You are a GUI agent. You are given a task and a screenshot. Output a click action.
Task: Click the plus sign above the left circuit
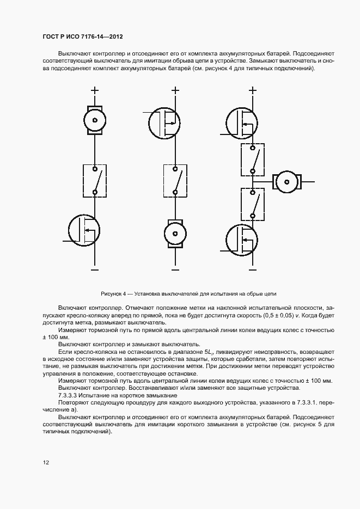tap(95, 91)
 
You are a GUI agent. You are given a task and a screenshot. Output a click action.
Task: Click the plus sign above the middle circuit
tap(175, 91)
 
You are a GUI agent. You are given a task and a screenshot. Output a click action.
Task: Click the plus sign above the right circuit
tap(252, 91)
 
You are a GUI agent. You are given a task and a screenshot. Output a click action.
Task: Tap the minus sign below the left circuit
tap(95, 269)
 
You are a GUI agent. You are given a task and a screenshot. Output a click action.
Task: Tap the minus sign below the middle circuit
tap(175, 269)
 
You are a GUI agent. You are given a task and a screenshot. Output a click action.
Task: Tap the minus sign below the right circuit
tap(252, 269)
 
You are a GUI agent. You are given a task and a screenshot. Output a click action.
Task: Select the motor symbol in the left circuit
tap(95, 120)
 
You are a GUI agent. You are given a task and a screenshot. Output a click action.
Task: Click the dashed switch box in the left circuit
tap(95, 180)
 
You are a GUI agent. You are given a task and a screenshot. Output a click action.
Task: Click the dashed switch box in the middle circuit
tap(175, 180)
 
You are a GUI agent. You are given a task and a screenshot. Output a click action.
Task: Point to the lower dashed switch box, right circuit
tap(253, 204)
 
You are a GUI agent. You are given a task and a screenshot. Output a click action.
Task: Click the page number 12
tap(46, 463)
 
